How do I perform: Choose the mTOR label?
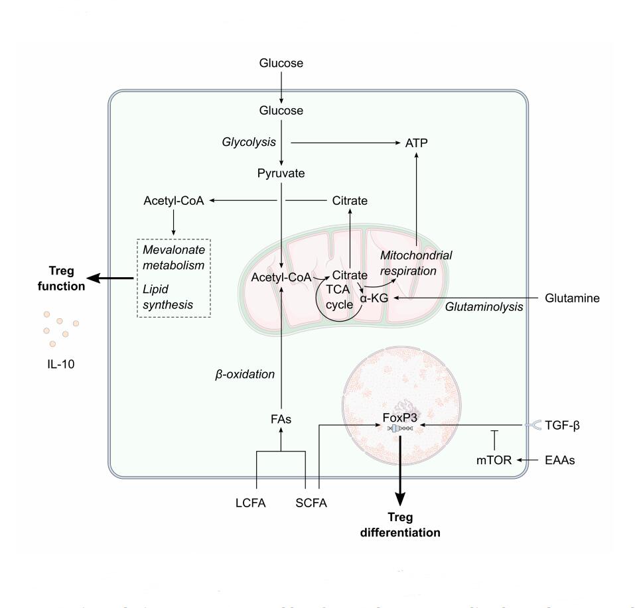tap(494, 459)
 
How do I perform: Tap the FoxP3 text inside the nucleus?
tap(399, 418)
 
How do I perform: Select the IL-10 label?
tap(59, 362)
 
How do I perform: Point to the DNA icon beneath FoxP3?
tap(399, 429)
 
